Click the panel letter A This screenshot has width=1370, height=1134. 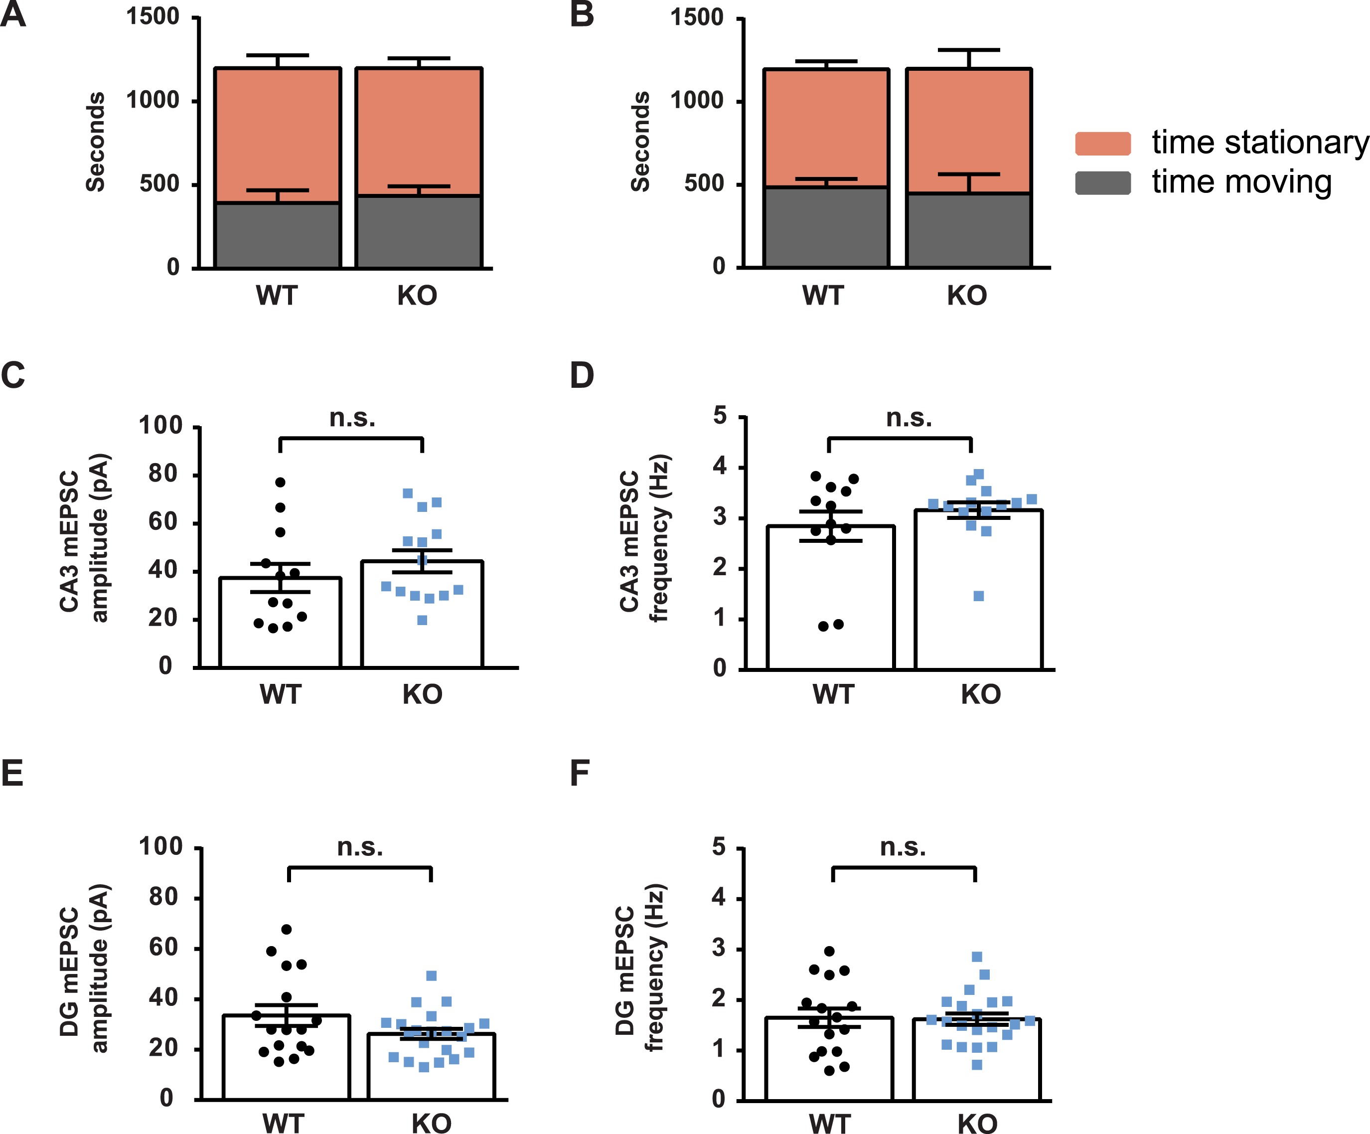13,14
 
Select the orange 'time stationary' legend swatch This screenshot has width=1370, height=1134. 1102,144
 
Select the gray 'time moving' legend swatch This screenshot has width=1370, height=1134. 1102,183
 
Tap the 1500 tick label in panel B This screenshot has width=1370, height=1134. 697,17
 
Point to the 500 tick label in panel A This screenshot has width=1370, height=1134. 158,184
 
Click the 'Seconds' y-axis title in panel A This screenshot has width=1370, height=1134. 95,142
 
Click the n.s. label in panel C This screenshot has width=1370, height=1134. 352,418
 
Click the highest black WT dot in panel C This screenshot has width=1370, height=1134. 280,482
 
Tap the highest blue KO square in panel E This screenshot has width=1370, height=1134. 431,976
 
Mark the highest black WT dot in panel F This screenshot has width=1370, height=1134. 830,951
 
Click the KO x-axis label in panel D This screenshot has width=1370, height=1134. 980,694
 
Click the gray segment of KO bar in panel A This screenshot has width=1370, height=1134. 419,232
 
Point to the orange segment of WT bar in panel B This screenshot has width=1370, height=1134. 826,127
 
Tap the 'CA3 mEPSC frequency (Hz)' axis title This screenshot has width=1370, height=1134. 644,538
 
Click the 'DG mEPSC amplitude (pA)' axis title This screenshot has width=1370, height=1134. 84,969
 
